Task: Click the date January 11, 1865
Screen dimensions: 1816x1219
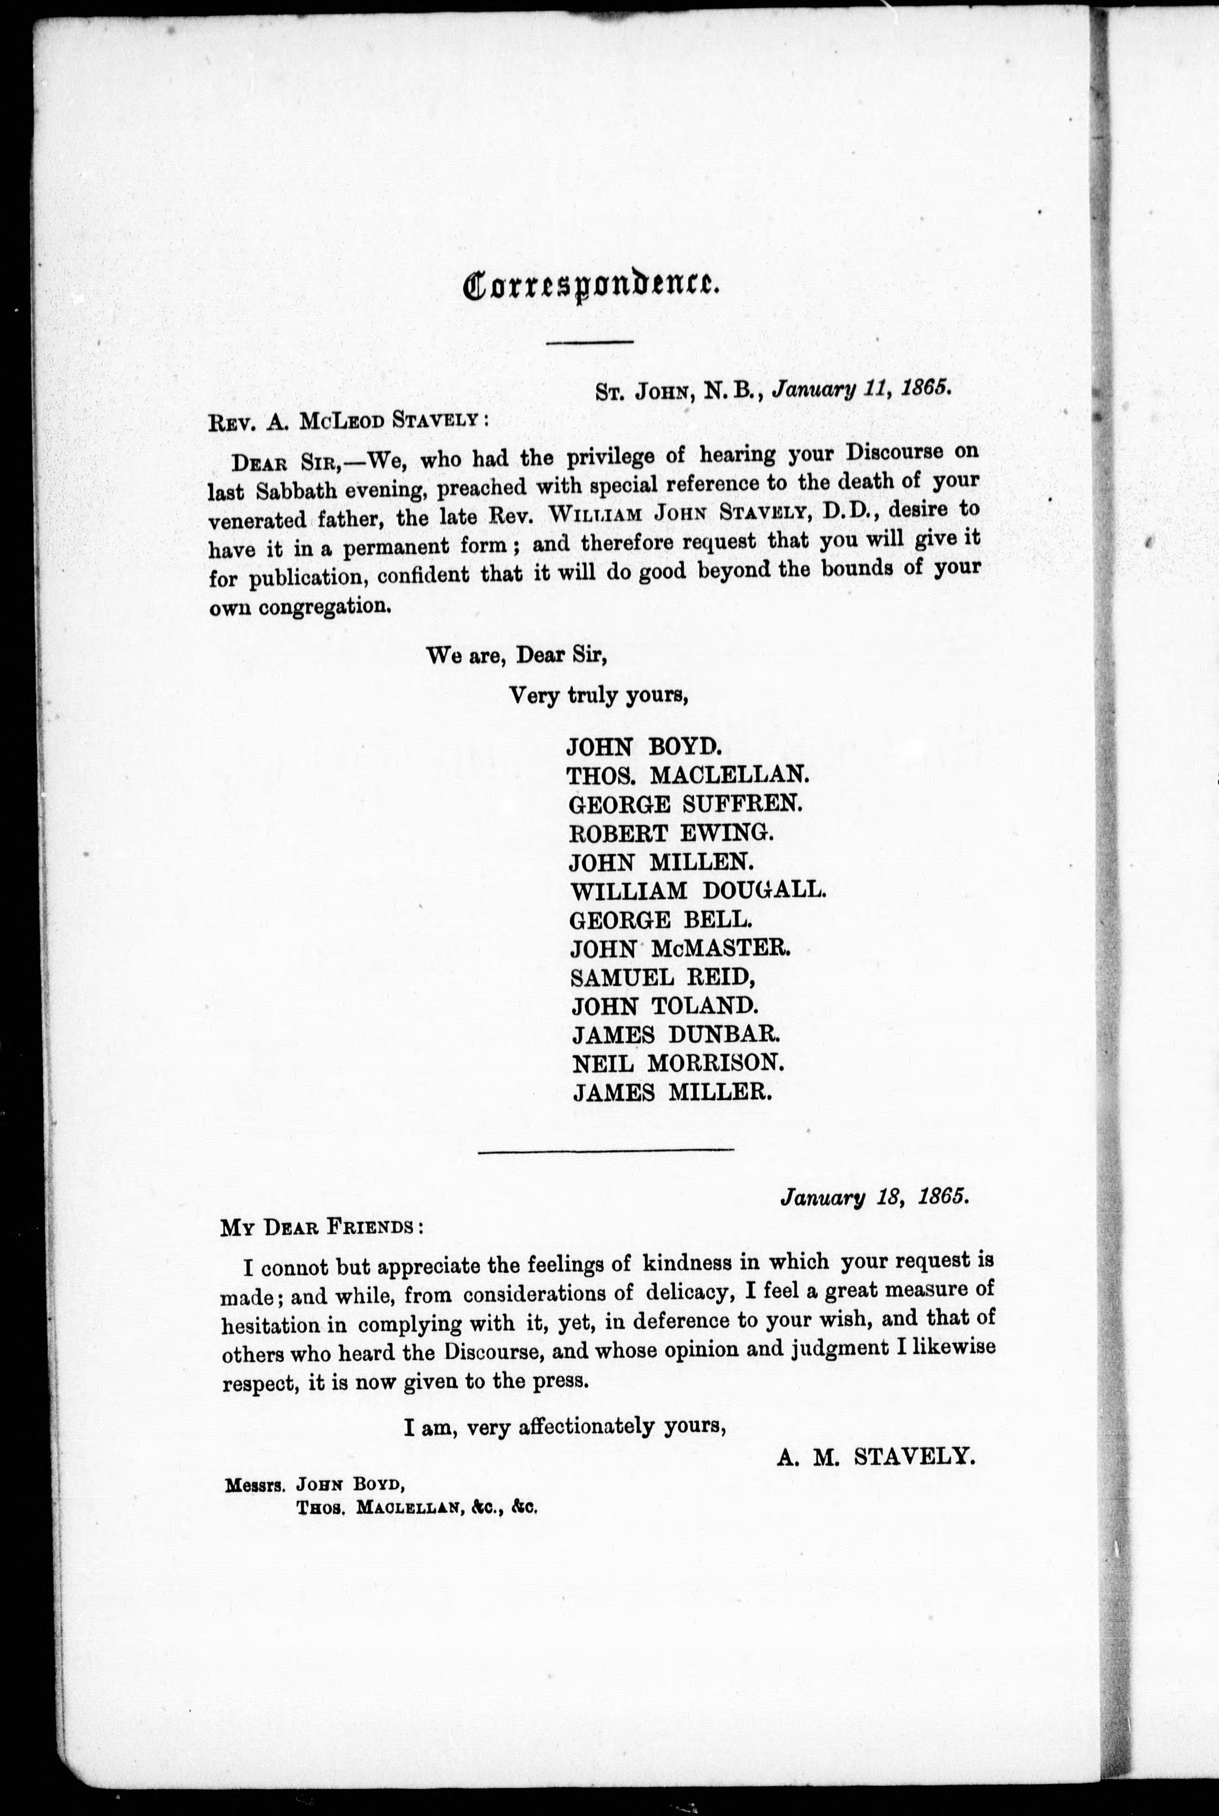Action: click(862, 389)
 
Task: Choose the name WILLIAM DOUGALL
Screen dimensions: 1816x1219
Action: click(697, 890)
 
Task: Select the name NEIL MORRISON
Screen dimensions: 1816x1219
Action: click(675, 1063)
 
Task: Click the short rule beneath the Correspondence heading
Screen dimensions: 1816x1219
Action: click(590, 342)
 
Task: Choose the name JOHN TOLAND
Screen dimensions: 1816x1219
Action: click(665, 1006)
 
